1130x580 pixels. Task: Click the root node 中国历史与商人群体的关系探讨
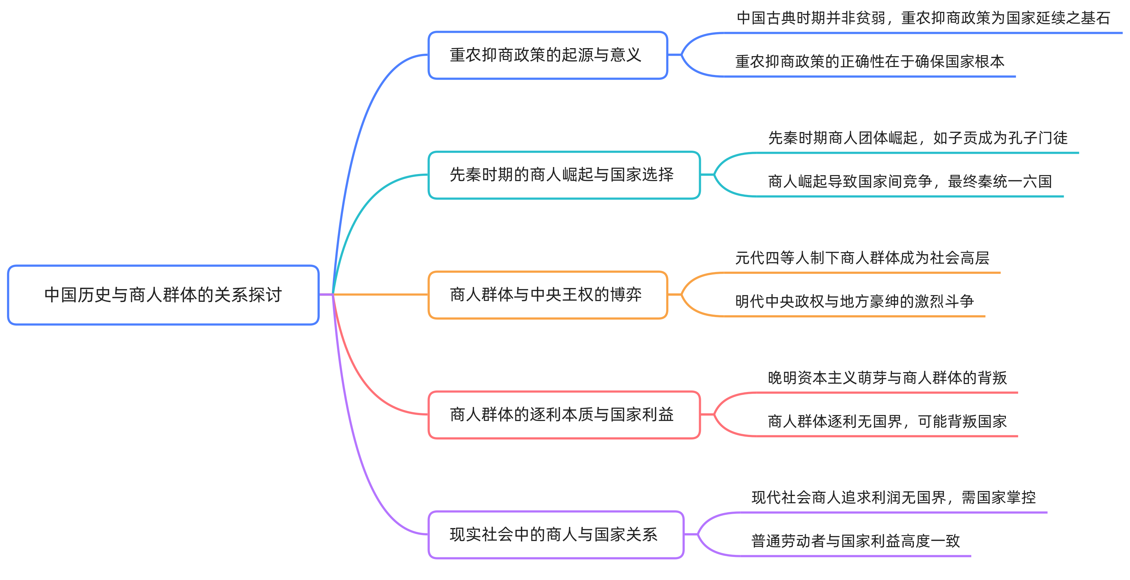[x=163, y=295]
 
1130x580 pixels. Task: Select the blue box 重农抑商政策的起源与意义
[x=547, y=55]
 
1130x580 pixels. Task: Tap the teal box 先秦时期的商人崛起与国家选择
[x=564, y=175]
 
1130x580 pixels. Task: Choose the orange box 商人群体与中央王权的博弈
[x=547, y=295]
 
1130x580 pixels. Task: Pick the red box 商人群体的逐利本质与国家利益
[x=564, y=415]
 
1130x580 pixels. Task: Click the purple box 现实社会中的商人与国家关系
[x=556, y=534]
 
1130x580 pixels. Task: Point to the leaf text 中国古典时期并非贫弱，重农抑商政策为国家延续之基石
[x=923, y=18]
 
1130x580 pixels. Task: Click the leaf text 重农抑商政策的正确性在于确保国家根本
[x=870, y=61]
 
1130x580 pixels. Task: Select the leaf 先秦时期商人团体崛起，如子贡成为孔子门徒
[x=918, y=138]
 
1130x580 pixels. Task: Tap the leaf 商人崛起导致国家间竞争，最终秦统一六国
[x=910, y=181]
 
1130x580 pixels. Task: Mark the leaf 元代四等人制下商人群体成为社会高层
[x=862, y=258]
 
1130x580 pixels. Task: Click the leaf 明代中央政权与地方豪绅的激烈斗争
[x=854, y=301]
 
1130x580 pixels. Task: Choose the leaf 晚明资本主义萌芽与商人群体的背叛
[x=887, y=378]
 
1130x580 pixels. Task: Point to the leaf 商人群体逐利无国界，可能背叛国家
[x=887, y=421]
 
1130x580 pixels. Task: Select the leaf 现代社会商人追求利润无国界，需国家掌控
[x=894, y=498]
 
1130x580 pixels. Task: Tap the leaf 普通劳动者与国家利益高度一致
[x=855, y=541]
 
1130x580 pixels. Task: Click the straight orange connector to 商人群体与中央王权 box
[x=382, y=294]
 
